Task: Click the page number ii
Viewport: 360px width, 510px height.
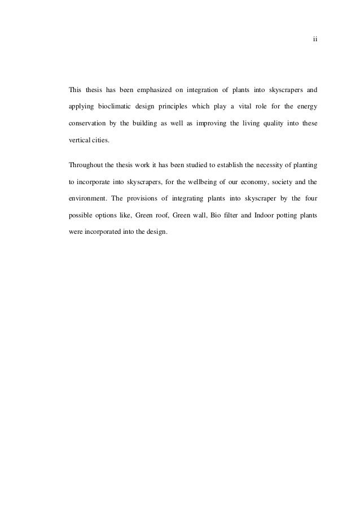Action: [316, 40]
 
